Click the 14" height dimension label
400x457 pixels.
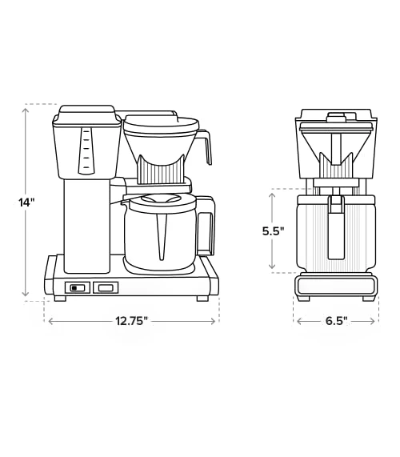point(26,202)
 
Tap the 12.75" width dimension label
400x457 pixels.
point(130,321)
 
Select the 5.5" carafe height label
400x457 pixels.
point(273,231)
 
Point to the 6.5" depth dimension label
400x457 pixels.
point(337,321)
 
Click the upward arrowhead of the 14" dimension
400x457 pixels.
point(26,110)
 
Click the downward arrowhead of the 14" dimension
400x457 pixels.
point(26,294)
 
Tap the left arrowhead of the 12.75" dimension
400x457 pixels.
point(50,321)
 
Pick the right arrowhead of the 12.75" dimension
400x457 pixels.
point(213,321)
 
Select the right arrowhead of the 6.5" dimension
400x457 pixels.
point(372,321)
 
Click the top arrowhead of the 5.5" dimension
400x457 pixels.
point(272,195)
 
